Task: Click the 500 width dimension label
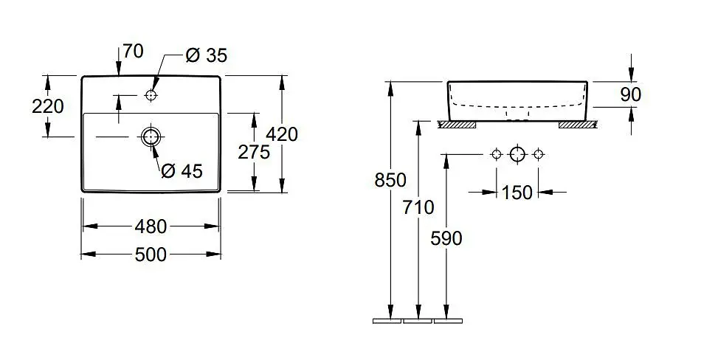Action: pyautogui.click(x=151, y=255)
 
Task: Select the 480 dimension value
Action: pyautogui.click(x=151, y=227)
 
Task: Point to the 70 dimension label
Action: pyautogui.click(x=134, y=52)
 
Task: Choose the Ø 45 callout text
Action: pyautogui.click(x=182, y=171)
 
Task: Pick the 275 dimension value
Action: pyautogui.click(x=254, y=151)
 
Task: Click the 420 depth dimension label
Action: pyautogui.click(x=282, y=134)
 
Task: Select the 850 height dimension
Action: pyautogui.click(x=390, y=180)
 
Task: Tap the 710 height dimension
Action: pyautogui.click(x=418, y=207)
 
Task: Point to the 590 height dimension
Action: pyautogui.click(x=446, y=238)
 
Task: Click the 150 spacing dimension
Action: pyautogui.click(x=517, y=193)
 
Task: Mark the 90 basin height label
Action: pyautogui.click(x=631, y=94)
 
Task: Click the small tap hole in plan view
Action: pyautogui.click(x=151, y=95)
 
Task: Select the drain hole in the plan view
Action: pyautogui.click(x=151, y=136)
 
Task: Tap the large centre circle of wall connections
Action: pyautogui.click(x=517, y=154)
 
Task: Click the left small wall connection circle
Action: pyautogui.click(x=496, y=154)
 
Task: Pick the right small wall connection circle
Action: pyautogui.click(x=539, y=154)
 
